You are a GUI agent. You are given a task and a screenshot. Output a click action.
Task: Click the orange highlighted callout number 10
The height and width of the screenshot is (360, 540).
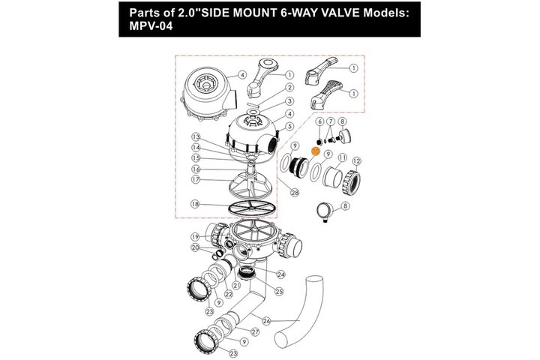(x=316, y=151)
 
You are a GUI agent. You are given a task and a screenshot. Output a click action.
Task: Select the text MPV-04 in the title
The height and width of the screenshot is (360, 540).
(x=151, y=25)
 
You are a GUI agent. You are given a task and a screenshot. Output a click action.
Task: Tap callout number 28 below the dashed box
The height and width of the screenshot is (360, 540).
(x=295, y=193)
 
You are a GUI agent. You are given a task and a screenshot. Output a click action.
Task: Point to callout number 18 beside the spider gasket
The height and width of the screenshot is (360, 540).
(x=195, y=204)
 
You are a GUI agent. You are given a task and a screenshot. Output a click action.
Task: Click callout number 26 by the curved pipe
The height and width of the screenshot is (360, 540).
(x=266, y=321)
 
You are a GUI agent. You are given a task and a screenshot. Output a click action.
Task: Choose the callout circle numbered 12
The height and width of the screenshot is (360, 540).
(x=356, y=161)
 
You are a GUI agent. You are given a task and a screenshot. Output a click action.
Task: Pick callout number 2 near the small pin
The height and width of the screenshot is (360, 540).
(x=290, y=88)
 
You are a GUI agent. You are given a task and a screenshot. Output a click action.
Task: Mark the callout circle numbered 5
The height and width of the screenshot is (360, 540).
(x=289, y=127)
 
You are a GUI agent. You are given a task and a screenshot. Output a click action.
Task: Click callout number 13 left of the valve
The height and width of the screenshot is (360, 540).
(x=196, y=137)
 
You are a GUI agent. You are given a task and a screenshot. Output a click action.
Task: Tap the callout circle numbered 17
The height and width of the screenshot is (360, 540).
(x=196, y=179)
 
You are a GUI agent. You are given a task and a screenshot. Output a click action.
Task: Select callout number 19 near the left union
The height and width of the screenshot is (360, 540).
(x=195, y=237)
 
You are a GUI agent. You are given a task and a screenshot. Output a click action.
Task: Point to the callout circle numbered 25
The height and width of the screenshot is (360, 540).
(x=279, y=292)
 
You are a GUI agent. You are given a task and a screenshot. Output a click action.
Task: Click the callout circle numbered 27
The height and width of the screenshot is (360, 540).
(x=255, y=332)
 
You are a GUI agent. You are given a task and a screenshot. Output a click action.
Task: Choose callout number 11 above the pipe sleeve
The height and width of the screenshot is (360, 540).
(x=342, y=157)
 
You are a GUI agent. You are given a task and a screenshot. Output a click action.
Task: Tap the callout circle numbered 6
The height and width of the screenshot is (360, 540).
(x=319, y=121)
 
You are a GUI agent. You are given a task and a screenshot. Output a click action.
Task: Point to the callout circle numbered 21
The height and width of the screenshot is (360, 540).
(x=236, y=285)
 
